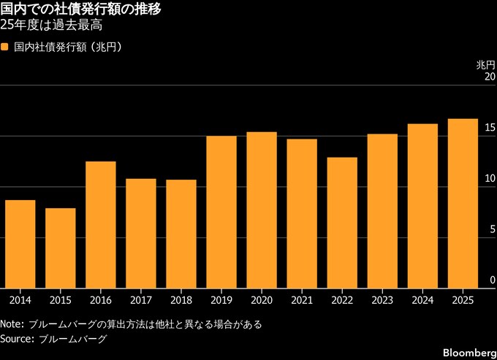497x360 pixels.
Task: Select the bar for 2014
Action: pos(20,243)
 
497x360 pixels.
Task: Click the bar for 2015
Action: pos(61,248)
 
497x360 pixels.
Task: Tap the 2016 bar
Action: pos(101,224)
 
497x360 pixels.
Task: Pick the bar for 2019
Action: pos(221,211)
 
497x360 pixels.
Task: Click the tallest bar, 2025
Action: pos(463,202)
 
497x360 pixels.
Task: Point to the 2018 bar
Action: pos(181,233)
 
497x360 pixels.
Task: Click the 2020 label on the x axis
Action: pos(262,299)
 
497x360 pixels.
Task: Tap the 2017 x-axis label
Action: pos(141,299)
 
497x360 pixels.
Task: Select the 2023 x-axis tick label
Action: pos(382,299)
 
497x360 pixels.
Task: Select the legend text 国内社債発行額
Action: pos(48,47)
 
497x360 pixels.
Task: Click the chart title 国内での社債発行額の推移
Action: pos(81,9)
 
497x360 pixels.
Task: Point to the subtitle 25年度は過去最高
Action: pos(51,26)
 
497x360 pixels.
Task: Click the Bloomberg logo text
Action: pos(468,353)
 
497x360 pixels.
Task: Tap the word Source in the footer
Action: pos(15,339)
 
